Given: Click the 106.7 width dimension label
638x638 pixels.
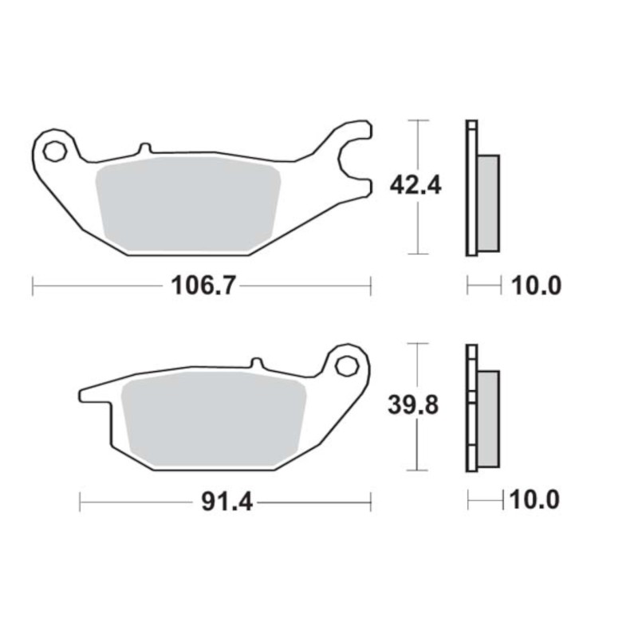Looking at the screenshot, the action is [x=203, y=286].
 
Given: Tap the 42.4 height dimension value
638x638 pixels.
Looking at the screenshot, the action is [x=415, y=186].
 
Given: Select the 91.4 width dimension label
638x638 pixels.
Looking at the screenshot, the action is [x=227, y=502].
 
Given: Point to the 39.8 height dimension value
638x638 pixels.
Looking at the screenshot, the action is [x=413, y=405].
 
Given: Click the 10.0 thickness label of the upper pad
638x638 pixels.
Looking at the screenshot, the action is [x=536, y=286].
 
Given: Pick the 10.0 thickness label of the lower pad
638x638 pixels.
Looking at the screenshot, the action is [x=534, y=499].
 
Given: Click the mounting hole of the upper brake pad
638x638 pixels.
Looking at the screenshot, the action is [x=55, y=152].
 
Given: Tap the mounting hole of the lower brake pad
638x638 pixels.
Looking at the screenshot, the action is [x=347, y=365].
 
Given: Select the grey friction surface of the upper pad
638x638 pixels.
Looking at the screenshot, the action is [x=188, y=204].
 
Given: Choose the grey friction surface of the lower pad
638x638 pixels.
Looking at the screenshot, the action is [x=214, y=419].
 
